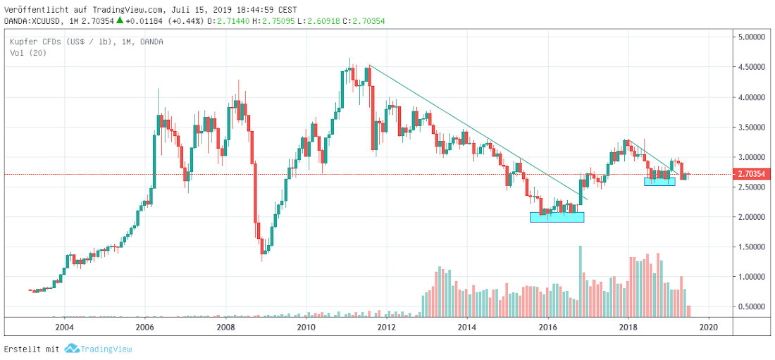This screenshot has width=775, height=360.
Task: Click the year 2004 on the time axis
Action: point(64,327)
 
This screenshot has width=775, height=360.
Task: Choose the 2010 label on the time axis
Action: point(306,327)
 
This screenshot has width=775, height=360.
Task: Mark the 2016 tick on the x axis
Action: point(547,327)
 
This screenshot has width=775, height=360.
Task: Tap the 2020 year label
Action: point(709,327)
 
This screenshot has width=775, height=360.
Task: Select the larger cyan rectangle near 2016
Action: point(557,217)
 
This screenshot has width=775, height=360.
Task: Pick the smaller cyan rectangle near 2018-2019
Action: point(659,181)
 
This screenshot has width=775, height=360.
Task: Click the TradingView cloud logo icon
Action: point(71,349)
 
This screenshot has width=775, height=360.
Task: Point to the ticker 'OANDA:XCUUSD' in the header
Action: point(33,22)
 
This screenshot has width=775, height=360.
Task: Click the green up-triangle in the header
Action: point(120,22)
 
